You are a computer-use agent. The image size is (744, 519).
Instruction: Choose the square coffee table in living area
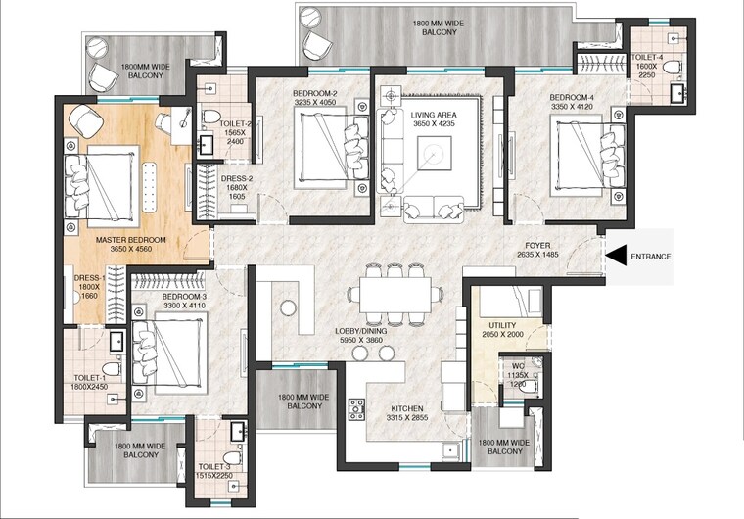432,152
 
